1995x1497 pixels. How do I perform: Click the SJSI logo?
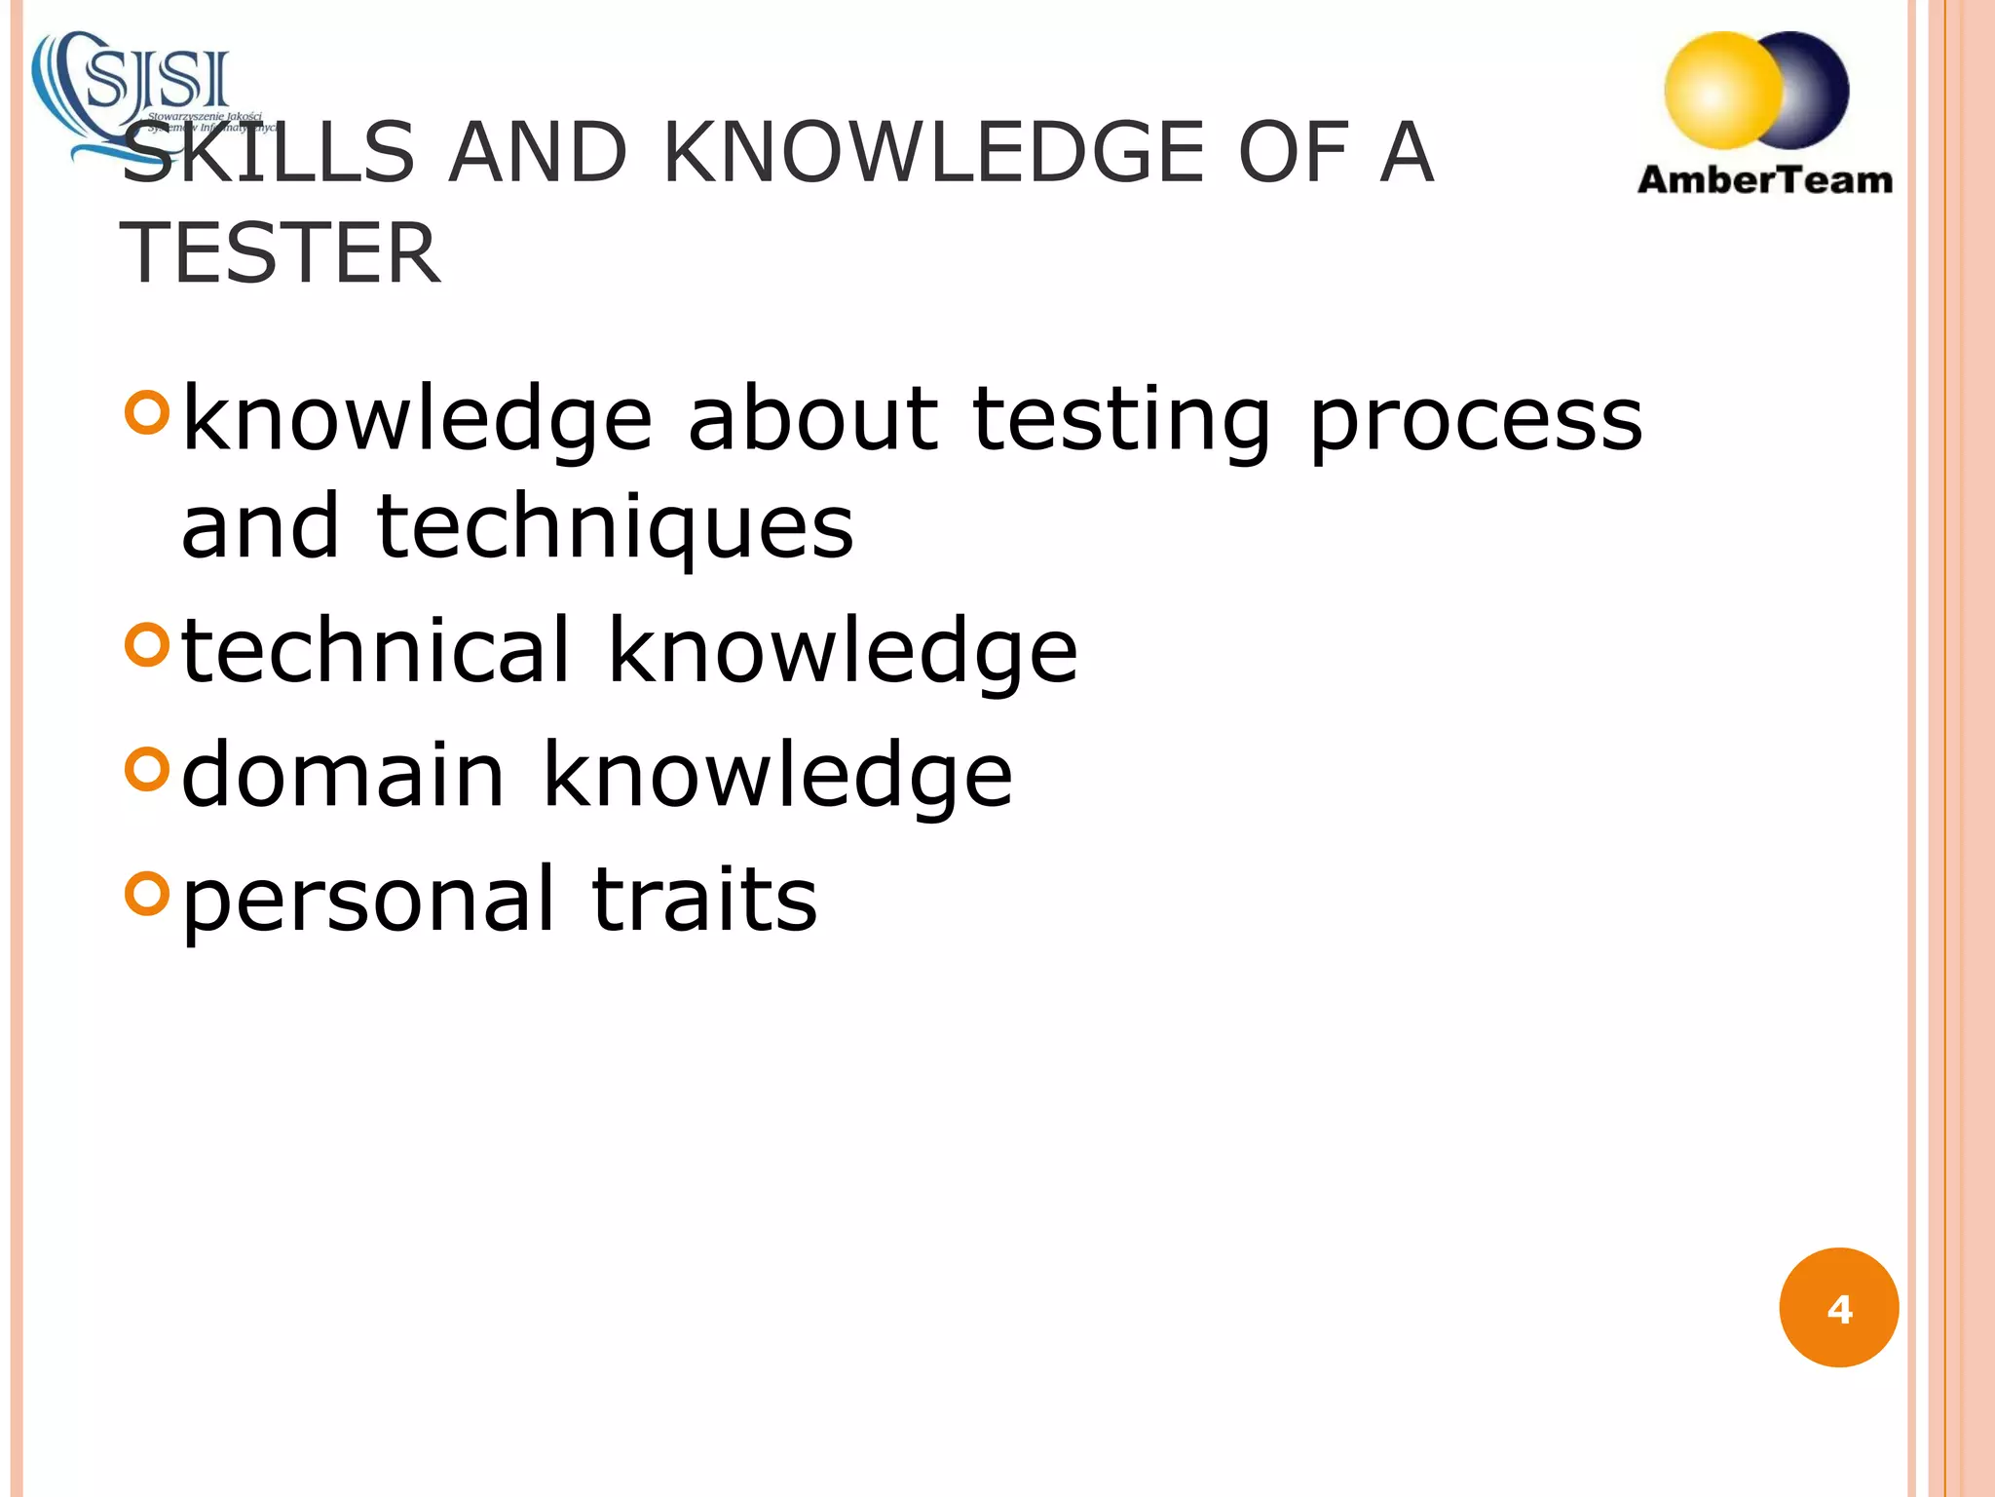point(146,93)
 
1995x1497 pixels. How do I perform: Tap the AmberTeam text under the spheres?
point(1765,180)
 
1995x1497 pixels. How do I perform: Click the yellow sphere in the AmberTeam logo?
point(1722,91)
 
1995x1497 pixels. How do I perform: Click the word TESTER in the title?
point(281,253)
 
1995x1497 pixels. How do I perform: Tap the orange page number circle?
point(1838,1308)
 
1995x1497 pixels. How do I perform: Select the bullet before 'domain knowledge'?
point(147,768)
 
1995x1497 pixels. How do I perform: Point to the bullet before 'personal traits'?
point(147,892)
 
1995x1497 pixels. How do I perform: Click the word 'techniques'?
point(615,528)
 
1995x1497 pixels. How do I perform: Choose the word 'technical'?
point(376,650)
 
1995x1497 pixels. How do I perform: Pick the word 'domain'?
point(343,774)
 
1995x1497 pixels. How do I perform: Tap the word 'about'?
point(812,419)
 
